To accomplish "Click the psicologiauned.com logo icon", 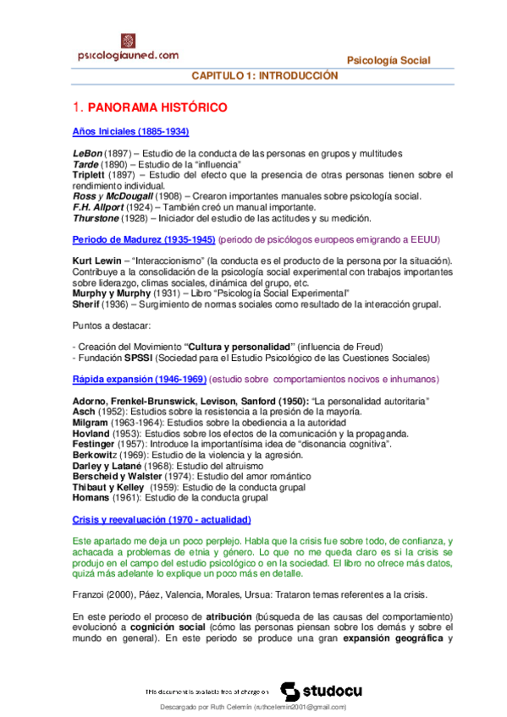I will [x=130, y=41].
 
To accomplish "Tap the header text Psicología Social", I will [x=389, y=60].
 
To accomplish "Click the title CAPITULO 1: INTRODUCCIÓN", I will [x=264, y=76].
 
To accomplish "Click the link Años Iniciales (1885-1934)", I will [x=130, y=132].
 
